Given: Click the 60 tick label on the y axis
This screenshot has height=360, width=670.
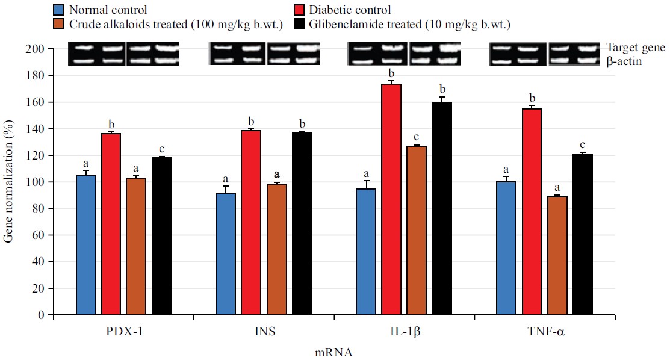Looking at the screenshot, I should pyautogui.click(x=39, y=235).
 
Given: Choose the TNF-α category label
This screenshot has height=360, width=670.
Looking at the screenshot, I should pyautogui.click(x=542, y=332).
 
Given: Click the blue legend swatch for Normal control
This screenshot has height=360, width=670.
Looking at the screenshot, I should pyautogui.click(x=59, y=10).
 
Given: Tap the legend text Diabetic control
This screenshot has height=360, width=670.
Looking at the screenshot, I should pyautogui.click(x=349, y=10).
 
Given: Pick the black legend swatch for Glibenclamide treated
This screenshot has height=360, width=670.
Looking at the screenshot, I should pyautogui.click(x=299, y=25).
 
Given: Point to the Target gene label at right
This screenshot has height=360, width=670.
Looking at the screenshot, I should pyautogui.click(x=635, y=48).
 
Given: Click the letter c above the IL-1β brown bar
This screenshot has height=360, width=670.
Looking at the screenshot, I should pyautogui.click(x=417, y=137).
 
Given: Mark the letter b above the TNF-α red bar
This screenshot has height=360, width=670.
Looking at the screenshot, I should pyautogui.click(x=532, y=98).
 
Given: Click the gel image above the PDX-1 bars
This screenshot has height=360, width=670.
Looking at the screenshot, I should pyautogui.click(x=123, y=54).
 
